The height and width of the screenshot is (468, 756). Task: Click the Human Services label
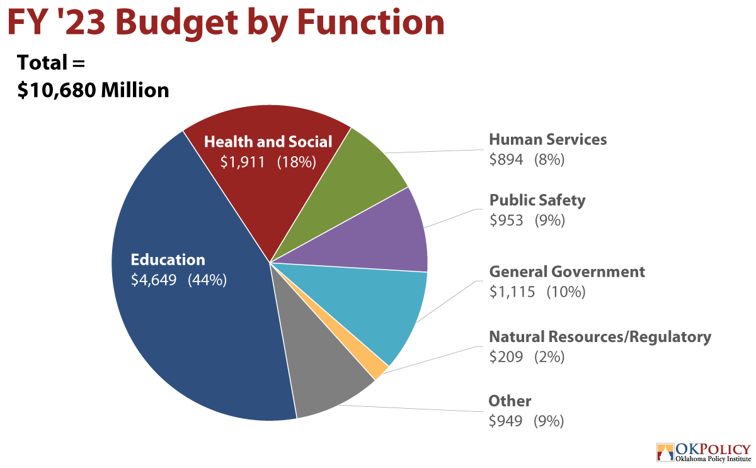coord(547,140)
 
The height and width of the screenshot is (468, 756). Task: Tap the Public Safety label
coord(537,200)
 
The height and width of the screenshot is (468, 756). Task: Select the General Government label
coord(567,272)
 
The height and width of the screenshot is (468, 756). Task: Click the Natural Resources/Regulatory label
coord(600,337)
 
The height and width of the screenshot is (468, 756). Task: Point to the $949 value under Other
coord(505,421)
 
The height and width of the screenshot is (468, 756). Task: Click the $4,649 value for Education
coord(154,280)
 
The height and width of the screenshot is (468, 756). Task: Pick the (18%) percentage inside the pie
coord(297,162)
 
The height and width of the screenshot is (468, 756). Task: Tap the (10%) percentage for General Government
coord(566,292)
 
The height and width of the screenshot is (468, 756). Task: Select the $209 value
coord(506,357)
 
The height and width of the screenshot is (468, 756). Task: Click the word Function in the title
coord(370,23)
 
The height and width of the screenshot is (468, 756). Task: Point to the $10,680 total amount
coord(56,91)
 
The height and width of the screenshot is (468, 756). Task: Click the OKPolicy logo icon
coord(665,452)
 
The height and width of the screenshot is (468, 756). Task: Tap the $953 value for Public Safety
coord(507,220)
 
